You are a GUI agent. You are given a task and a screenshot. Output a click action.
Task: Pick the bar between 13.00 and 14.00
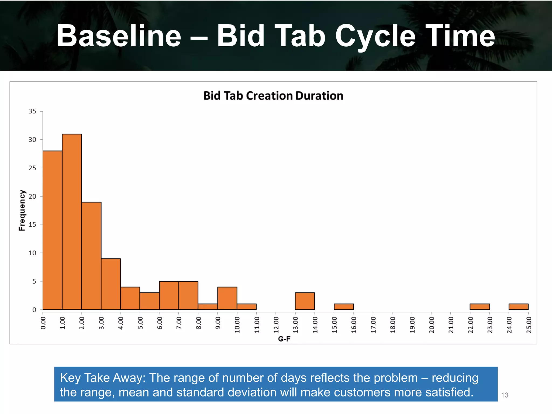coord(305,301)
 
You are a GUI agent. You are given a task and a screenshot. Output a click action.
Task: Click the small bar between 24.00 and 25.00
coord(518,307)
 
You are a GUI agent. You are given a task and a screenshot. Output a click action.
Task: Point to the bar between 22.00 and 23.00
coord(479,307)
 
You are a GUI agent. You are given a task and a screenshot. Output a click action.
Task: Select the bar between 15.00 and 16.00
coord(344,307)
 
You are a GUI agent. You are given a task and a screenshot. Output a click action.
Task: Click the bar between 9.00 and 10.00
coord(227,298)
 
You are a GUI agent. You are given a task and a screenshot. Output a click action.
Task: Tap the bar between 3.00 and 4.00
coord(111,284)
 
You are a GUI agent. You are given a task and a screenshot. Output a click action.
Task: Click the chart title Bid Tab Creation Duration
coord(273,96)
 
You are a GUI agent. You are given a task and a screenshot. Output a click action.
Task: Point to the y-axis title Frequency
coord(22,210)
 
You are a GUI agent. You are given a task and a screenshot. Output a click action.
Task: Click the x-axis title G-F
coord(284,339)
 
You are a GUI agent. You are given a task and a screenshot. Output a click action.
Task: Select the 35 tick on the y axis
coord(32,111)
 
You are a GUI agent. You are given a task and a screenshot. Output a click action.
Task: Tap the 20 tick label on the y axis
coord(32,196)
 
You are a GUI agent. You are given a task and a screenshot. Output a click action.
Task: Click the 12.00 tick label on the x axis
coord(276,325)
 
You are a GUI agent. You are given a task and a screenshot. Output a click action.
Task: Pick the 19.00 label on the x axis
coord(412,325)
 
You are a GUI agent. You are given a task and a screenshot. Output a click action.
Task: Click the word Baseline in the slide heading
coord(119,36)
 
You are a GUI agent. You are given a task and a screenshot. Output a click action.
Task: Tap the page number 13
coord(505,395)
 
